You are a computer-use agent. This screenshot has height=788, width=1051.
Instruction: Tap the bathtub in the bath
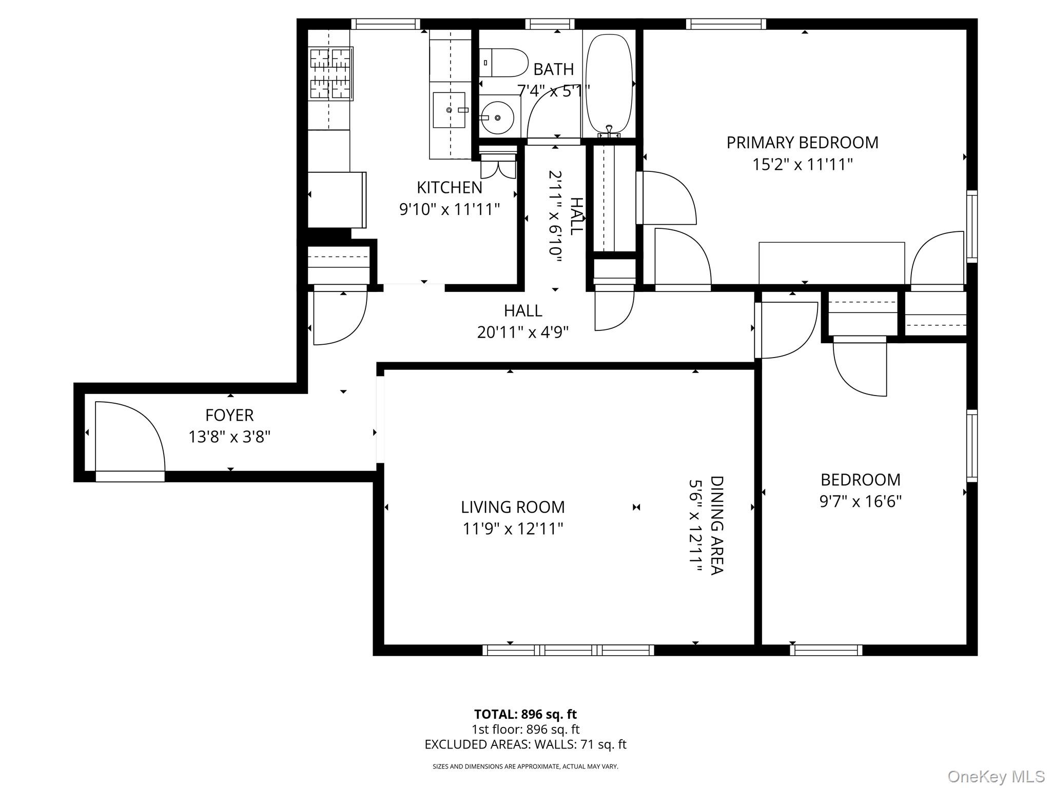click(609, 84)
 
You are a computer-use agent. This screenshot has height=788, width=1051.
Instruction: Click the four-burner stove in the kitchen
click(331, 73)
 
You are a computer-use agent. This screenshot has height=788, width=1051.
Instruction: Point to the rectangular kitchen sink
click(449, 110)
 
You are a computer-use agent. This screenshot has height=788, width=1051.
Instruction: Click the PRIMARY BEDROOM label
click(802, 143)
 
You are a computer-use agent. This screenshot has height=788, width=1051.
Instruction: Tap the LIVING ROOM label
click(513, 507)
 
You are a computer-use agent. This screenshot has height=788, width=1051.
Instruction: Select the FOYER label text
click(229, 415)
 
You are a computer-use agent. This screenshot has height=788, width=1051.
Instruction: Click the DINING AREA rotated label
click(716, 525)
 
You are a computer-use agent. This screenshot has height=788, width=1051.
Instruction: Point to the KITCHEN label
click(450, 188)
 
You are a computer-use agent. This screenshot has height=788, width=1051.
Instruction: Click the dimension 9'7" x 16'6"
click(861, 501)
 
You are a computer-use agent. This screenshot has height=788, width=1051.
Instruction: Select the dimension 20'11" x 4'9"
click(523, 332)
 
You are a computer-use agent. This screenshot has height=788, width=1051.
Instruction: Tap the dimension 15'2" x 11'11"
click(803, 165)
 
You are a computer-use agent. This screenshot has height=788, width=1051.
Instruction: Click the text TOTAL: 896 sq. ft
click(525, 714)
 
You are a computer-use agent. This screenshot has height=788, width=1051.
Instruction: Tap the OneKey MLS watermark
click(996, 776)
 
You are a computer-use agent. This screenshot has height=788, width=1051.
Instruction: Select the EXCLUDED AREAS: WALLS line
click(525, 744)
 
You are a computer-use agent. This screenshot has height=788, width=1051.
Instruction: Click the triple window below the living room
click(568, 651)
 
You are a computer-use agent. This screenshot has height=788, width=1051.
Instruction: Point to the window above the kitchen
click(385, 24)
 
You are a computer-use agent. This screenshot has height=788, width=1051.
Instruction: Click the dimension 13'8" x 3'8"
click(229, 437)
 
